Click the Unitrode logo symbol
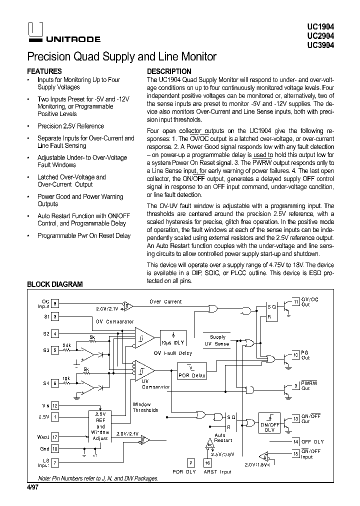click(34, 29)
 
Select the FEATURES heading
click(44, 71)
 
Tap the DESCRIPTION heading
click(169, 71)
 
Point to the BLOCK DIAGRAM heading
click(54, 284)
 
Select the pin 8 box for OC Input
click(55, 303)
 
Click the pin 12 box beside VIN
click(55, 405)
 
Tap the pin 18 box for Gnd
click(55, 449)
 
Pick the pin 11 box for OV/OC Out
click(296, 301)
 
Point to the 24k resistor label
click(66, 345)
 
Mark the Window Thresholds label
click(145, 407)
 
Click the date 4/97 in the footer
click(32, 485)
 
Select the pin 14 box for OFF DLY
click(296, 441)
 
